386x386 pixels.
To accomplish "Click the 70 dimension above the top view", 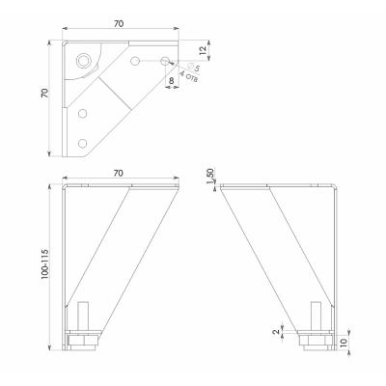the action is tap(119, 23).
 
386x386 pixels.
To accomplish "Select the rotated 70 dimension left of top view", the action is tap(44, 93).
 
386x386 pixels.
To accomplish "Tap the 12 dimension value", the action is tap(203, 50).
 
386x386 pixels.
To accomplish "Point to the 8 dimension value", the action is tap(171, 80).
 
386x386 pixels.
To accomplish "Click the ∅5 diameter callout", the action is tap(193, 67).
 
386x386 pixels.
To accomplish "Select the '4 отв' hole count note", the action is tap(188, 77).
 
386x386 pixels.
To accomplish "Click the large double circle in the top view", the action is tap(83, 60).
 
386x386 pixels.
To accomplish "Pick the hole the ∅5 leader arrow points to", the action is tap(165, 60).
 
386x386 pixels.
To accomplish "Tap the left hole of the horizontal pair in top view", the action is tap(135, 60).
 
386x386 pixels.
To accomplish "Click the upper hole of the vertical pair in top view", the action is tap(83, 113).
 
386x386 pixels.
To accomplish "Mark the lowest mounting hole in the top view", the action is tap(83, 143).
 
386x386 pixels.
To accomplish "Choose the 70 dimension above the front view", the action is tap(119, 173).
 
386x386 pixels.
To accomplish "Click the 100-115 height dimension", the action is tap(45, 264).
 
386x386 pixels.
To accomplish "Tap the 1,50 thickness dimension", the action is tap(210, 176).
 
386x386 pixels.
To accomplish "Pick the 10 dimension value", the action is tap(344, 342).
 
